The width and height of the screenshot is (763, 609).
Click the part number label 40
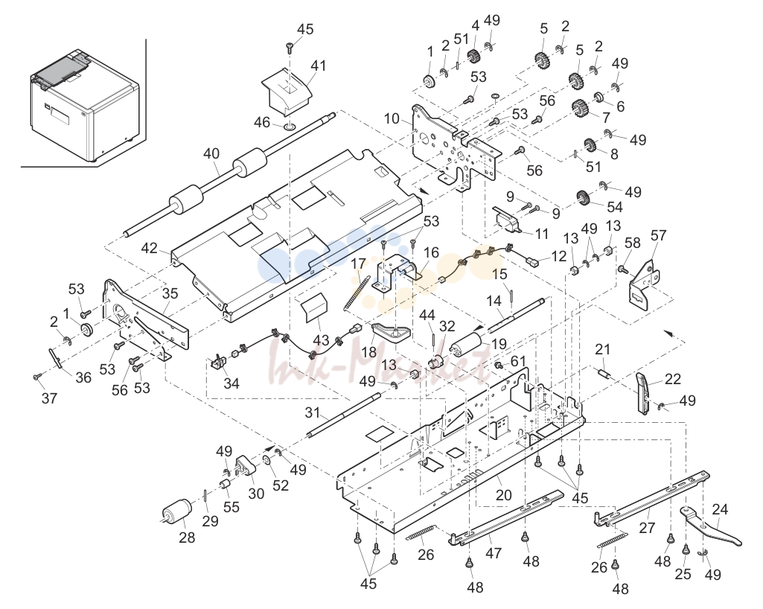pos(211,154)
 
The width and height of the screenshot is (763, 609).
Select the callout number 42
pos(150,248)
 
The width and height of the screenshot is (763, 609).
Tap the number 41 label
pos(319,66)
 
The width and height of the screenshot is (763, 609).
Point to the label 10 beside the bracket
pos(392,118)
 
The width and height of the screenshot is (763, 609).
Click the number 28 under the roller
pos(187,538)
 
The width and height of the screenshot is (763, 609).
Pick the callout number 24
pos(720,510)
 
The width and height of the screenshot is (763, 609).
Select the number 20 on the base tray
pos(504,495)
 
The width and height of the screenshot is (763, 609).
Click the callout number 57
pos(658,235)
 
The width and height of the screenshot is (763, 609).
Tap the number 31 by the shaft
pos(313,412)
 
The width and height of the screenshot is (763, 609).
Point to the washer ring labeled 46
pos(289,127)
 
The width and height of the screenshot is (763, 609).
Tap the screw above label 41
pos(290,48)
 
